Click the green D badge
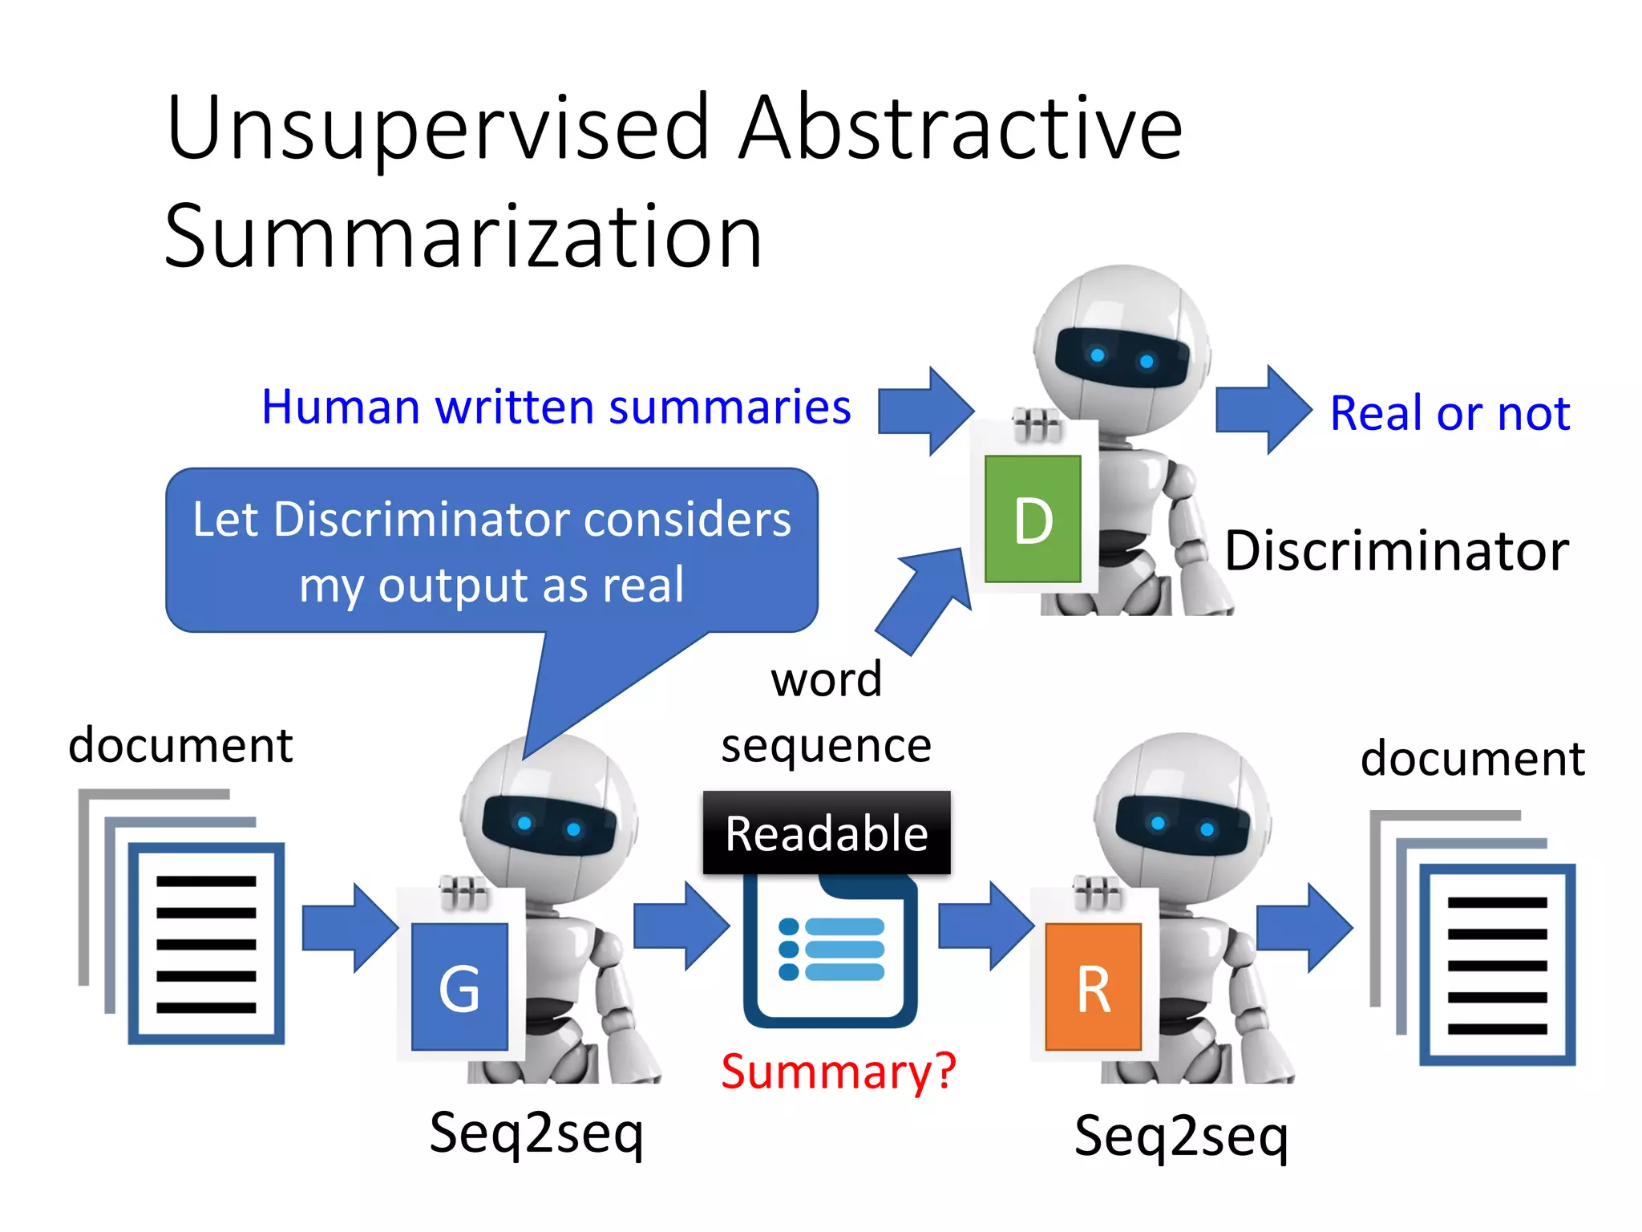1033,519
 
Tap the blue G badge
459,987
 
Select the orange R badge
1094,987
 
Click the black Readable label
827,833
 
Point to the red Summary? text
839,1072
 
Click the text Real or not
1450,414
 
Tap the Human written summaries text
556,407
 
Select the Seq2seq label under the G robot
536,1133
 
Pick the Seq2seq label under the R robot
1181,1136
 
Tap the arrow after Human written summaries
925,411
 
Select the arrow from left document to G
350,928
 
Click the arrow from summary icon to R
985,926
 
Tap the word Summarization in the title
463,237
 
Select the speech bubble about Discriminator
491,551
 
